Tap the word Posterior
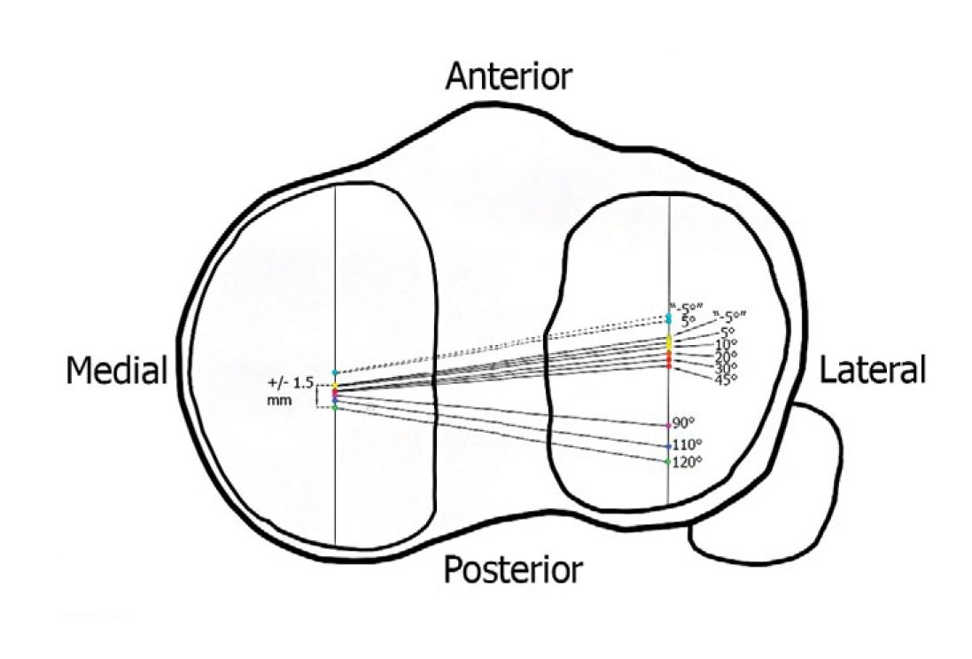513,569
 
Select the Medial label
116,372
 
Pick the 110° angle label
688,443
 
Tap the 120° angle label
688,461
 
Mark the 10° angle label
726,344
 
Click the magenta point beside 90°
668,426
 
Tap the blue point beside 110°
668,446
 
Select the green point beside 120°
668,461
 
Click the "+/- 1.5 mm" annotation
290,390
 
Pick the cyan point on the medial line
335,373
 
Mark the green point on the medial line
335,407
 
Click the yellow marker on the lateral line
669,341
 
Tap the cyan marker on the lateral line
669,318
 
